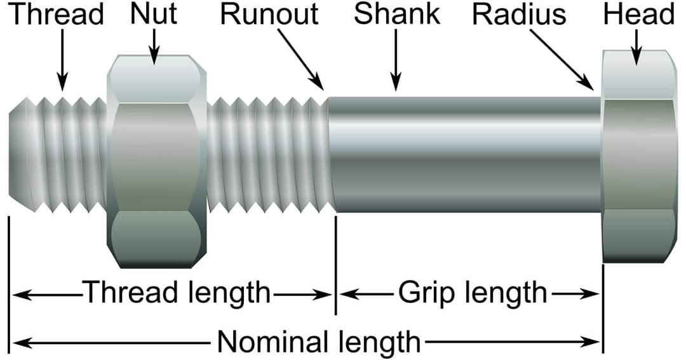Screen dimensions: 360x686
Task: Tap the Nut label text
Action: click(x=154, y=14)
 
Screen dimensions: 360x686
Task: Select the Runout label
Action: click(x=269, y=14)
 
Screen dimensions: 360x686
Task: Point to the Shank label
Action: click(x=397, y=14)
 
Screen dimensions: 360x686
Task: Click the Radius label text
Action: click(x=519, y=14)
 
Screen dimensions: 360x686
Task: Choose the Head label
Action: click(x=638, y=14)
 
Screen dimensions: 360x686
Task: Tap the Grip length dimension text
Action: click(x=472, y=293)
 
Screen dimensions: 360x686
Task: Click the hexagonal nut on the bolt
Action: click(x=156, y=159)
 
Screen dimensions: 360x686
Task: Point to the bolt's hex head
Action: click(x=638, y=156)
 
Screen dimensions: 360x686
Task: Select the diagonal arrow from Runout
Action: click(x=301, y=61)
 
